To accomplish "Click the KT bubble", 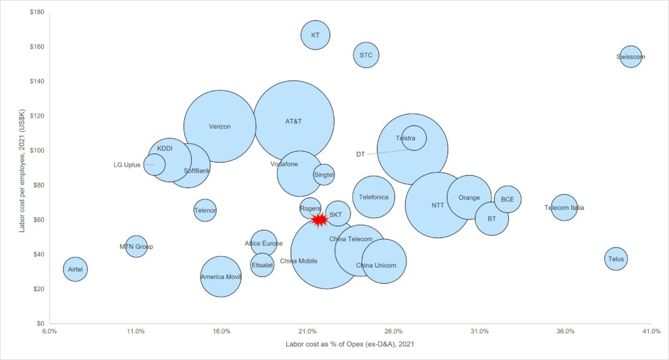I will click(316, 35).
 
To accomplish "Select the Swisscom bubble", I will click(630, 57).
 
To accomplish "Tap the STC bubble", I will click(366, 56).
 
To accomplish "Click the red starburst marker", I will click(319, 220).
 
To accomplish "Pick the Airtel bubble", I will click(75, 269).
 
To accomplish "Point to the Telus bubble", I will click(615, 259).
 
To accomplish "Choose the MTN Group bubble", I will click(136, 246).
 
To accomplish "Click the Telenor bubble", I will click(205, 210).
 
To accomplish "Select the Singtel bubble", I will click(323, 174).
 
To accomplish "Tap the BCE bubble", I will click(508, 199).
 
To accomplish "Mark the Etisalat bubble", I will click(262, 265).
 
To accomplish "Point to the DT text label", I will click(360, 155).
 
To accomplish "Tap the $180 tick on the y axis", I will click(36, 12).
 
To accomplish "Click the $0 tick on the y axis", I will click(39, 323).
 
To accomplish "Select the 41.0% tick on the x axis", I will click(651, 332).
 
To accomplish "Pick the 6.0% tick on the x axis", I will click(50, 332).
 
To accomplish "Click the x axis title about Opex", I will click(350, 344).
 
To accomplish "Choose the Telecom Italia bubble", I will click(564, 208).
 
